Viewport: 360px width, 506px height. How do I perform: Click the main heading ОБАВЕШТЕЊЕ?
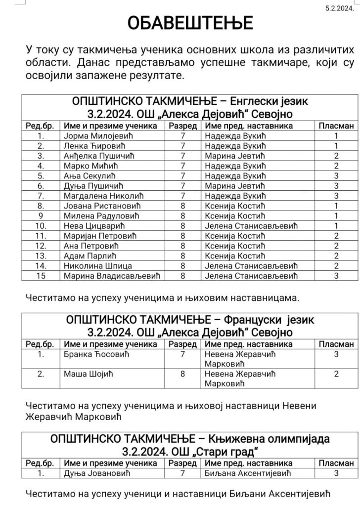point(190,23)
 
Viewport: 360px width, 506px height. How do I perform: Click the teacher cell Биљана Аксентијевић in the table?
point(245,473)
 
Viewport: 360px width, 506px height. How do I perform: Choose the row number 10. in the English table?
point(41,226)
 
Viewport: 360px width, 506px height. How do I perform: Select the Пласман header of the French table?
point(336,344)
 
